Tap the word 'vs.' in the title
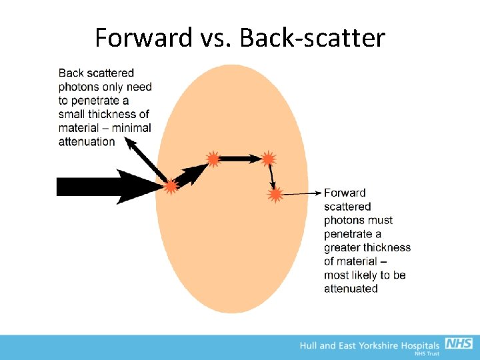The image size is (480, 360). (x=215, y=38)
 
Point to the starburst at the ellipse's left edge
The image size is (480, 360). (x=171, y=187)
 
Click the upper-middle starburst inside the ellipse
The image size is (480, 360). (x=213, y=159)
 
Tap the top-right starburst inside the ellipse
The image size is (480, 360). (x=268, y=159)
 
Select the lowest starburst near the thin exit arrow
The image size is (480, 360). (x=275, y=195)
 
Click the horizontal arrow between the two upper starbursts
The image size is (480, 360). (x=240, y=159)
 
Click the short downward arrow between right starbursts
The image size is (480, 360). (x=271, y=176)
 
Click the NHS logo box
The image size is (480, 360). (x=459, y=344)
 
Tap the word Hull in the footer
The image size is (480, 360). (x=309, y=345)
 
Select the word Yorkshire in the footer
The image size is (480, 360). (x=377, y=345)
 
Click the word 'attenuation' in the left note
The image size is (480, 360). (x=87, y=141)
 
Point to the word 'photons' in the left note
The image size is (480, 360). (x=78, y=87)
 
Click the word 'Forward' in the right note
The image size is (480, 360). (x=345, y=193)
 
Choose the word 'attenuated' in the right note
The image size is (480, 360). (x=351, y=289)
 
